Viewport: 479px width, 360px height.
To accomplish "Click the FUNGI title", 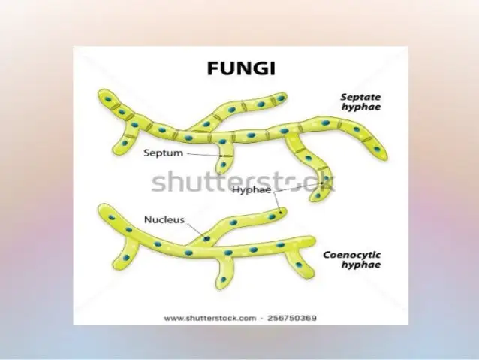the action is pos(241,68).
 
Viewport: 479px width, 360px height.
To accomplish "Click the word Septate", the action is pos(360,97).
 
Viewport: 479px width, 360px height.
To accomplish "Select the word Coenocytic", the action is pos(352,255).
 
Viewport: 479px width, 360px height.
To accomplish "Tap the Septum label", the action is pos(164,153).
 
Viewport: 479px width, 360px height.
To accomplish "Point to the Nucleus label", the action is pos(164,219).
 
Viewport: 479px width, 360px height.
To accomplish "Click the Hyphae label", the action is pos(252,189).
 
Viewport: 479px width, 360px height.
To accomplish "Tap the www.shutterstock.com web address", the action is pos(210,318).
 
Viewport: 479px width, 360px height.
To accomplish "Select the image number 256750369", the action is pos(292,318).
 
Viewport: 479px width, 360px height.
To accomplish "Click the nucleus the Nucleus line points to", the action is pos(206,238).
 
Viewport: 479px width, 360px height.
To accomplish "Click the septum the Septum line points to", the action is pos(226,156).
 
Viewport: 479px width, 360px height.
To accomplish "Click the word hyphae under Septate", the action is pos(361,107).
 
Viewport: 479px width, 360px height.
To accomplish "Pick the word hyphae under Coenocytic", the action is pos(361,265).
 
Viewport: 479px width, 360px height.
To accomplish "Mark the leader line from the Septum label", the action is pos(203,155).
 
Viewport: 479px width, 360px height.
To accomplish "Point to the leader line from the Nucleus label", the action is pos(196,230).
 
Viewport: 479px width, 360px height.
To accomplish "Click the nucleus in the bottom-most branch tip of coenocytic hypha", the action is pos(224,280).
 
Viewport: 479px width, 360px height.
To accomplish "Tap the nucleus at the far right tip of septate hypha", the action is pos(377,150).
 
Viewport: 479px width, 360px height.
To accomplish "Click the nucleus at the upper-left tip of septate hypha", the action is pos(107,99).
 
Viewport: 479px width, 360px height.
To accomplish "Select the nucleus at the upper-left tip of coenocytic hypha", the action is pos(112,218).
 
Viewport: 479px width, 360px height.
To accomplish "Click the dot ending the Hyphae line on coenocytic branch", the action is pos(281,212).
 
